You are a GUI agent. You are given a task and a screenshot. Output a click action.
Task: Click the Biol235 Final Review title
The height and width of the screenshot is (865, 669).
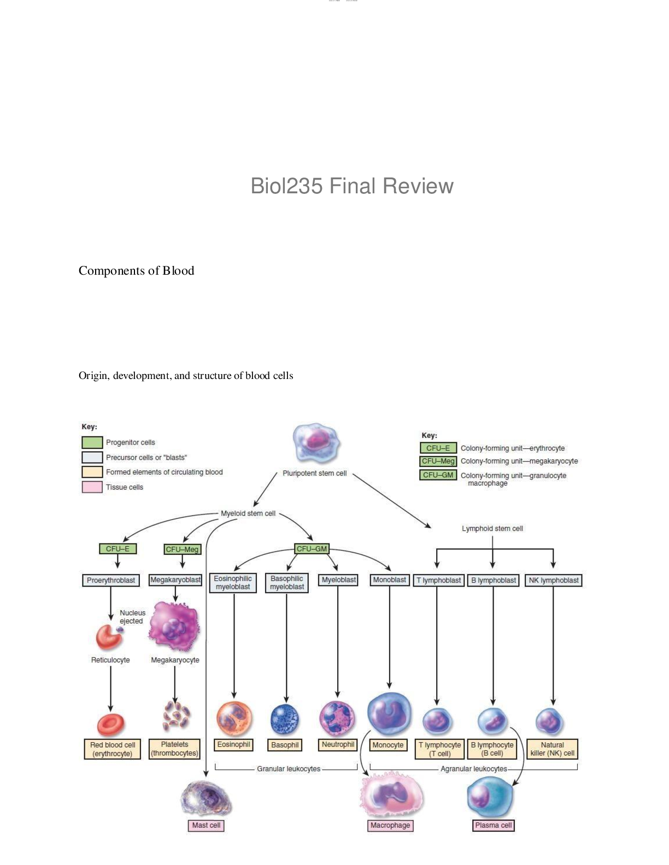click(x=352, y=186)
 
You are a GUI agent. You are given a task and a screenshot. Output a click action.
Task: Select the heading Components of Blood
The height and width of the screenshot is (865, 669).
click(x=136, y=271)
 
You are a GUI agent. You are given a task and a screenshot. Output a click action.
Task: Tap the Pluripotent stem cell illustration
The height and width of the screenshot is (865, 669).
click(x=316, y=443)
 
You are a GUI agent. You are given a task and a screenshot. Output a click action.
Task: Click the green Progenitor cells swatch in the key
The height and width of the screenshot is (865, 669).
click(x=92, y=442)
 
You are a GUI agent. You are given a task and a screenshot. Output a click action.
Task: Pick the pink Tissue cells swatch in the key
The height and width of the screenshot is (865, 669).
click(x=92, y=487)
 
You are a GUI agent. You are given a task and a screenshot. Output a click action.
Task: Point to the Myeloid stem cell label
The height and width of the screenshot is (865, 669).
click(x=248, y=513)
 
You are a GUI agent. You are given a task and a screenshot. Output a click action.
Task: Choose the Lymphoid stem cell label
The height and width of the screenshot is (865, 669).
click(x=492, y=529)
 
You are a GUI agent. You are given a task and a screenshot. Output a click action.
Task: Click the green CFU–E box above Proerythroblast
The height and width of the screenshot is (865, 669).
click(x=118, y=549)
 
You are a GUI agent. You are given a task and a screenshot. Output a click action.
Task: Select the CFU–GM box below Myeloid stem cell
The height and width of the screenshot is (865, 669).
click(x=312, y=549)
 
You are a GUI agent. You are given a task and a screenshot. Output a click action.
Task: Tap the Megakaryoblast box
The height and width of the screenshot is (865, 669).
click(x=175, y=580)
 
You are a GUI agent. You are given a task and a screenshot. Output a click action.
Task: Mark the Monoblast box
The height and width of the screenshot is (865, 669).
click(x=389, y=580)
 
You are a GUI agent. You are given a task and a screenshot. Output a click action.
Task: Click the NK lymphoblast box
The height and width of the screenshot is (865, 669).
click(x=553, y=580)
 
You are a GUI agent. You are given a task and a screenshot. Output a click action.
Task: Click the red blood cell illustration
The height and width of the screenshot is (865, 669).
click(x=111, y=724)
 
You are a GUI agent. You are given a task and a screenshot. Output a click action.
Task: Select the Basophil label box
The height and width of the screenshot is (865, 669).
click(x=285, y=745)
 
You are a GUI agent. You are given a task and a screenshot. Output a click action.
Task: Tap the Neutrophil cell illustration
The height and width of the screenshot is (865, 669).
click(x=337, y=718)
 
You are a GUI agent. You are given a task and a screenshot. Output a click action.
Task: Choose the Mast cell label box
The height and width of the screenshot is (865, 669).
click(x=206, y=825)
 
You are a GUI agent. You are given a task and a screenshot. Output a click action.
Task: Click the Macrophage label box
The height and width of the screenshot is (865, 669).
click(x=390, y=825)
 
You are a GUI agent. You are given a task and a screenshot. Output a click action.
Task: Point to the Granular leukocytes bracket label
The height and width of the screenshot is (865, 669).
click(x=289, y=769)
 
